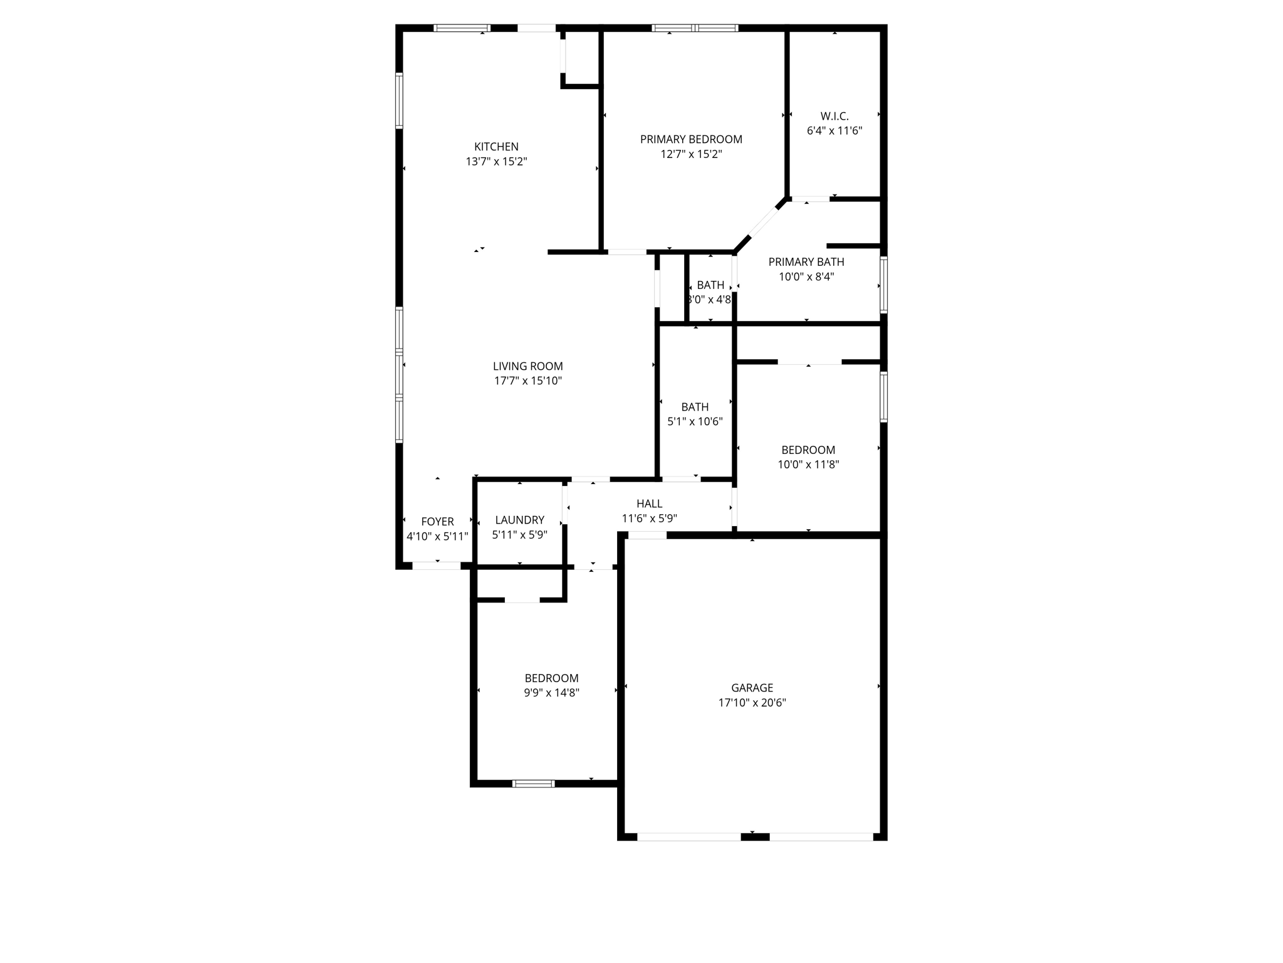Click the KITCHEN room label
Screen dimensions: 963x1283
496,147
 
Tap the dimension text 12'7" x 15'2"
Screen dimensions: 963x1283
691,154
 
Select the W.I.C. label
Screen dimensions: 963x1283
834,116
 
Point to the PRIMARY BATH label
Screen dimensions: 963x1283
806,262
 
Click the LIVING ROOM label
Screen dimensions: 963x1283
527,366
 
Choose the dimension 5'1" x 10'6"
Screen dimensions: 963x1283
695,422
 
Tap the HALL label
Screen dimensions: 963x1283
649,503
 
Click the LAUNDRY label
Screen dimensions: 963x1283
519,520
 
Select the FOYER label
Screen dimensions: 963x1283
437,522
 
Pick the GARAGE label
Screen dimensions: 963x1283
752,688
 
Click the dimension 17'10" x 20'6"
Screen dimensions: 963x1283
752,703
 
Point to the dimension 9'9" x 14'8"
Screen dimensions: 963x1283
551,693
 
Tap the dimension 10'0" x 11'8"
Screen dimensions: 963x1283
808,465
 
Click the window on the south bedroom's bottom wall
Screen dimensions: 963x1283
533,783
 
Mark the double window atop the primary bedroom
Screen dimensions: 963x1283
695,28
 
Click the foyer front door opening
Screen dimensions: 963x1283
436,566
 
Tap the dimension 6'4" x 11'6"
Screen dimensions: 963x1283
834,131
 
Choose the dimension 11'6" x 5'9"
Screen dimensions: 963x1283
649,518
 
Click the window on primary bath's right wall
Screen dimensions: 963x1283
883,285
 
